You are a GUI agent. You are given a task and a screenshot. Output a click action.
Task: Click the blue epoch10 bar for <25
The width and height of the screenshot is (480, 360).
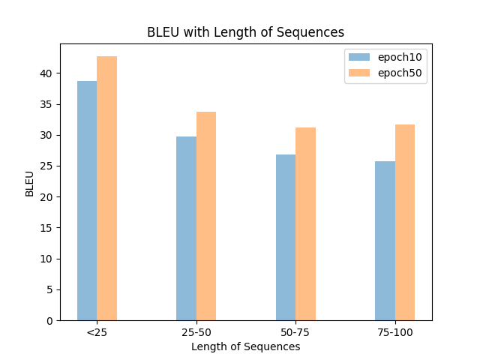point(87,200)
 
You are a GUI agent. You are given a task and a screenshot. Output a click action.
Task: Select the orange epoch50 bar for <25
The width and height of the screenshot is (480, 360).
point(106,188)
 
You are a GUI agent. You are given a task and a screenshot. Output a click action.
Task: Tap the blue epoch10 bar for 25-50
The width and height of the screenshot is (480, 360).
point(186,228)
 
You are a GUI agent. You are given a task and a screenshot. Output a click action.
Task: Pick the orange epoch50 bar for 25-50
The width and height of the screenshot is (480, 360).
point(206,216)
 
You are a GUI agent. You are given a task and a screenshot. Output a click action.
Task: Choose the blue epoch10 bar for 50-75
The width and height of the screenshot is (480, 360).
point(286,237)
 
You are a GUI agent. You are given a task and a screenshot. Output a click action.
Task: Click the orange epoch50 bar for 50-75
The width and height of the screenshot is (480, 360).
point(305,223)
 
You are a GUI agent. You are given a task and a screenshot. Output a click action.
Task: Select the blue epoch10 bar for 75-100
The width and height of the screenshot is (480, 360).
point(385,241)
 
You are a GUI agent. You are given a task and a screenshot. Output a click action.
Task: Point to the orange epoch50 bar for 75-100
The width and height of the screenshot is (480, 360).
point(405,222)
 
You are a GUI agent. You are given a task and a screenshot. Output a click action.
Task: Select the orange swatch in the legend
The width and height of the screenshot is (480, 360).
point(359,73)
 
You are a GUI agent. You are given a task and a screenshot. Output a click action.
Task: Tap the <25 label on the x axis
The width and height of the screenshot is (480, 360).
point(97,332)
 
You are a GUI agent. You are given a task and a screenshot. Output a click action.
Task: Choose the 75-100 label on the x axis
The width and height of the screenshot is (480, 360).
point(394,332)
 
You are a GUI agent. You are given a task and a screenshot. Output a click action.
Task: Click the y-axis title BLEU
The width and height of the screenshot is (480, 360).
point(29,184)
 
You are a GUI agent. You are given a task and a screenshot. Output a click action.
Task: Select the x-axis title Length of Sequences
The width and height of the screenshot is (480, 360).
point(245,346)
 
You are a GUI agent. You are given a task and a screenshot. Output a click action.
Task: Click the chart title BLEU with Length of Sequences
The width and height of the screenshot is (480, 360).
point(245,32)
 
